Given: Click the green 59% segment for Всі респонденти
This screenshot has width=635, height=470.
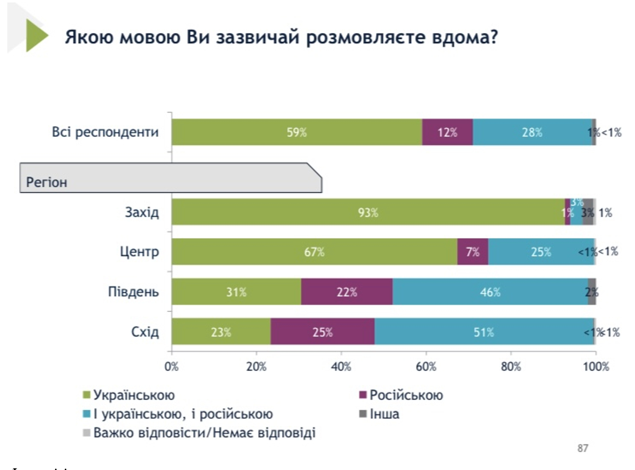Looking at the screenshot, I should tap(296, 132).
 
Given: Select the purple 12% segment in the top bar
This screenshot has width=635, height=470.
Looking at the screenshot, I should tap(447, 132).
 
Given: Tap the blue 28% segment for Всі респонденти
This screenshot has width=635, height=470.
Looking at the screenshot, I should tap(532, 132).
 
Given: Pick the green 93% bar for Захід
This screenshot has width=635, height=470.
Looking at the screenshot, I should tap(368, 212).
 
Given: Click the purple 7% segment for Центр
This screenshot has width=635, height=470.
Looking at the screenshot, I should tap(472, 252).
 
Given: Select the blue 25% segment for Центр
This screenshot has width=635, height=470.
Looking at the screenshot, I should tap(541, 252).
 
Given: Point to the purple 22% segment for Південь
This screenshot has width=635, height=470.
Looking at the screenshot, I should tap(346, 292).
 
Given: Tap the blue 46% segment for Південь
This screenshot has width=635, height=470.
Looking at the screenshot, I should tap(490, 292).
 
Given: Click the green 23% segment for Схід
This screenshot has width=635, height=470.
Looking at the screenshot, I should tap(221, 332).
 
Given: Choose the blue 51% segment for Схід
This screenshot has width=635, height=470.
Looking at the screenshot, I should tap(483, 332).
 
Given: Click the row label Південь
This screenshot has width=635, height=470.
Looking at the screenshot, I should tap(133, 292).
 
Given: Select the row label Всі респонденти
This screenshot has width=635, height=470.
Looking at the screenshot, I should tap(105, 132).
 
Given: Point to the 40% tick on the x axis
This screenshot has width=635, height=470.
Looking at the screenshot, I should tap(341, 367).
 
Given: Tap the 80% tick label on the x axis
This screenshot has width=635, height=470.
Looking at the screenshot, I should tap(511, 367).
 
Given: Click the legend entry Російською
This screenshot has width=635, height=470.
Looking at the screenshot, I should tap(406, 395).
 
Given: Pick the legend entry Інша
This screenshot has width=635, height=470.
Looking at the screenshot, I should tap(384, 414).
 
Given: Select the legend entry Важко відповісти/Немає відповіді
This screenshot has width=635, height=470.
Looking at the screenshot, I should tap(204, 433).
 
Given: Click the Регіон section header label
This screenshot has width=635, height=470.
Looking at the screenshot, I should tap(46, 182).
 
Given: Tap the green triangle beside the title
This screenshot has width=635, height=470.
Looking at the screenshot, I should tap(36, 35).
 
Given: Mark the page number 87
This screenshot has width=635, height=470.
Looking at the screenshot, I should tap(582, 448).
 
